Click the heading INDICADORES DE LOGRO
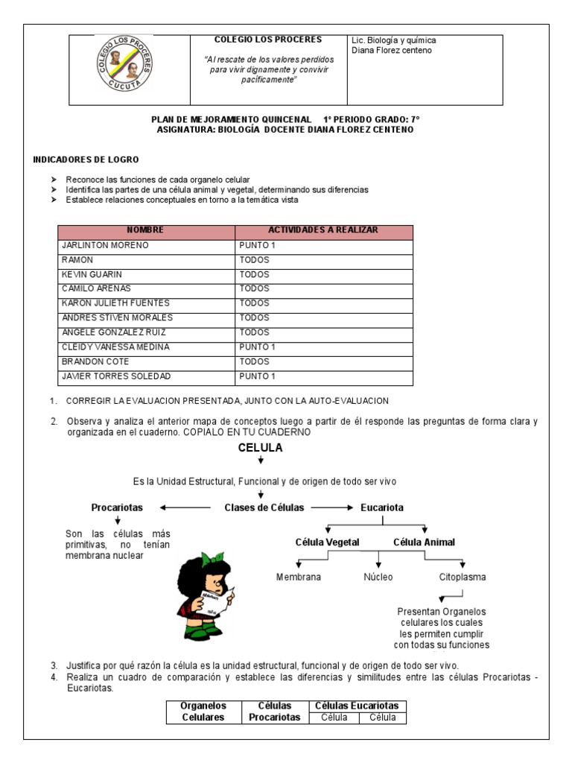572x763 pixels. click(86, 159)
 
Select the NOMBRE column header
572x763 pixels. click(146, 230)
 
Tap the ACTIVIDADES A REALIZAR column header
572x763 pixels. click(323, 230)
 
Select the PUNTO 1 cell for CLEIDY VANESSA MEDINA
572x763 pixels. click(257, 347)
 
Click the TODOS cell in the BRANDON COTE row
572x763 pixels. click(254, 361)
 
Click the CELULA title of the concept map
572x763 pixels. click(260, 448)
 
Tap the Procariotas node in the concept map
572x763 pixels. click(117, 507)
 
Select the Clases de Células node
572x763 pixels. click(264, 507)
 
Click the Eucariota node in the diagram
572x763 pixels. click(382, 507)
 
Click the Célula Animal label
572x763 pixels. click(424, 542)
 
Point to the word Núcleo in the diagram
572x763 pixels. click(378, 577)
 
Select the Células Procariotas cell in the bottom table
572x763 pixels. click(274, 712)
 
